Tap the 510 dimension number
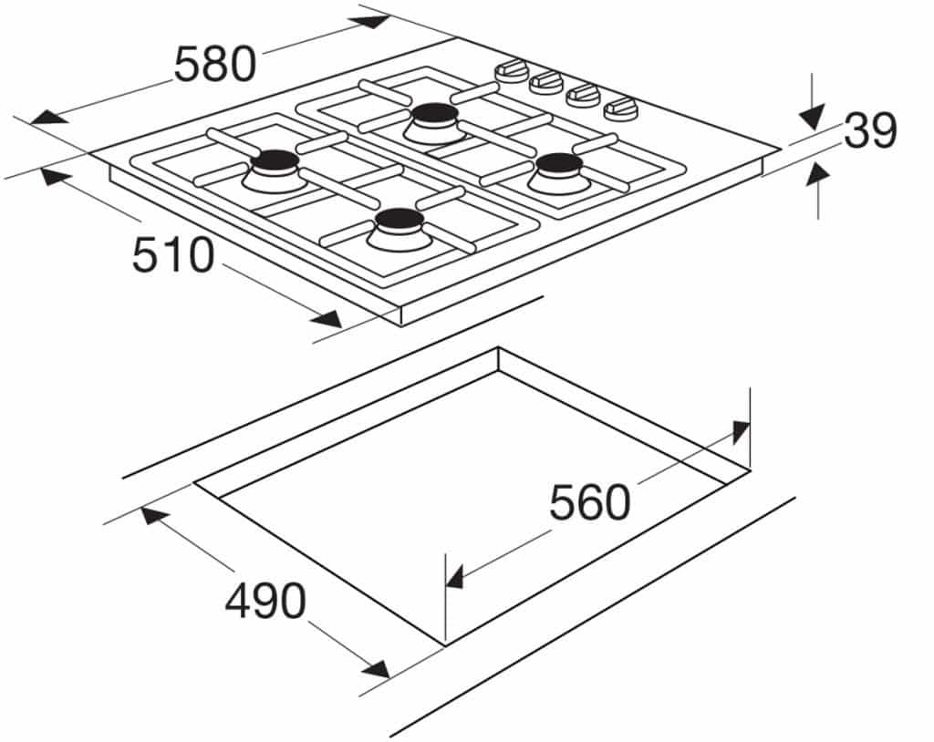point(172,255)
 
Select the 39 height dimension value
point(870,131)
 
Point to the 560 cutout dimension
point(589,502)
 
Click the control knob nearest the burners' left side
point(512,71)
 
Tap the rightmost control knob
point(621,108)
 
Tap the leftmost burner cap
point(275,160)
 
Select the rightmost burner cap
point(559,163)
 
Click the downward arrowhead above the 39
point(812,117)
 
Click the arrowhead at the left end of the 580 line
point(48,118)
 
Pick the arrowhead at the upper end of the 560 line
point(741,432)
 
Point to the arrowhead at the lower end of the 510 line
point(327,319)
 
